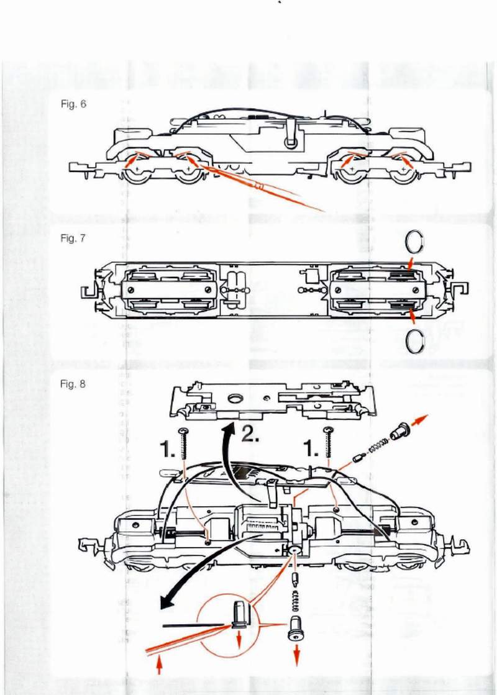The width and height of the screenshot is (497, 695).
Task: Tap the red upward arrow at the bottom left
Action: point(160,666)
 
